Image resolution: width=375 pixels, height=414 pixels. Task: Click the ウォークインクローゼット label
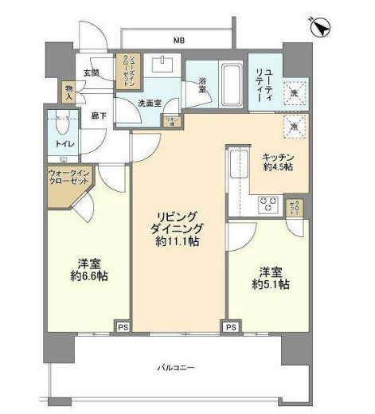(69, 178)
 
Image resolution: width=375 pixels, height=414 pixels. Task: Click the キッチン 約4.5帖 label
(279, 162)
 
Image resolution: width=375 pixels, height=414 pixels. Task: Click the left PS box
(123, 326)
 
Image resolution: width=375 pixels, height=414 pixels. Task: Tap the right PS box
(231, 326)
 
